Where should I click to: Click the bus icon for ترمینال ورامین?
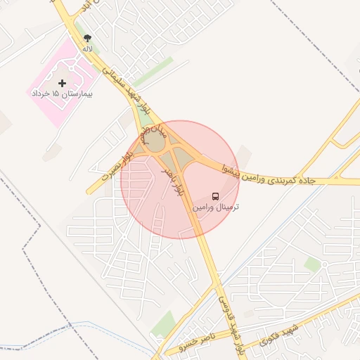point(216,196)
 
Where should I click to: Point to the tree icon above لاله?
point(87,39)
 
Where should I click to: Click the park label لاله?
point(87,49)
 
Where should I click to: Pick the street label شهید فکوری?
point(278,336)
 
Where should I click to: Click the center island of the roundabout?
point(156,142)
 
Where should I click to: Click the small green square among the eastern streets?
point(312,264)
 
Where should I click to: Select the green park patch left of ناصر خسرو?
point(163,324)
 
